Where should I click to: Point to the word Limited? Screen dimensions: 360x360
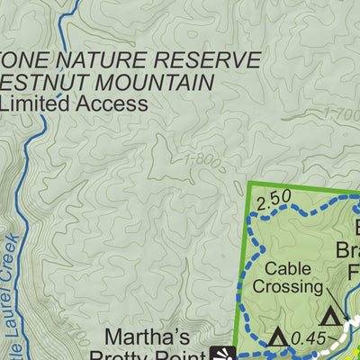coord(37,103)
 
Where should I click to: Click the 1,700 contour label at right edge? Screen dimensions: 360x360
coord(342,114)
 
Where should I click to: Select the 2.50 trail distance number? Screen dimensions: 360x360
coord(273,198)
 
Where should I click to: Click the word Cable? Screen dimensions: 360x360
coord(287,268)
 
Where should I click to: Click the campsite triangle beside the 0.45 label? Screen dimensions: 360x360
coord(278,337)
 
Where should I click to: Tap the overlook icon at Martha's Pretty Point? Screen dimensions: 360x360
coord(223,352)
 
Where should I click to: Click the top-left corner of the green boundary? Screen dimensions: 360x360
coord(247,183)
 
